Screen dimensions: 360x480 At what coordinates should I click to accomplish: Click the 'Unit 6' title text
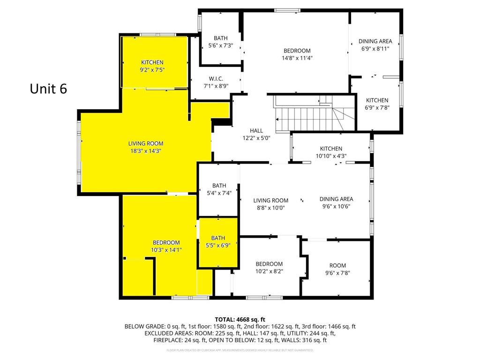pos(48,89)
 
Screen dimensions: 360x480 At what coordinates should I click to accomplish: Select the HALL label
pos(256,131)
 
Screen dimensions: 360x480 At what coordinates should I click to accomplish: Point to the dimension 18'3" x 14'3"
pos(146,151)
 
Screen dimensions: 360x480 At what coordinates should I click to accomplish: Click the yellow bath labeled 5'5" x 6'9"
pos(218,241)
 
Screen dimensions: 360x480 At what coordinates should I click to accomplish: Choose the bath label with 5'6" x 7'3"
pos(220,38)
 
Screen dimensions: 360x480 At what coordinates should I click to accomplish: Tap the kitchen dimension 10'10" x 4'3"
pos(331,156)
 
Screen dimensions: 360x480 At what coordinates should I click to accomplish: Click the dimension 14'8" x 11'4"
pos(297,58)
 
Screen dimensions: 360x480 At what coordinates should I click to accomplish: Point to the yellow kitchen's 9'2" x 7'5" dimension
pos(152,70)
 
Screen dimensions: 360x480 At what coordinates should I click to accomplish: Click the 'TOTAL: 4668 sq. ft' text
pos(240,319)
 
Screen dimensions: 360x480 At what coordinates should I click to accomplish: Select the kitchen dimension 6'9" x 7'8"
pos(377,107)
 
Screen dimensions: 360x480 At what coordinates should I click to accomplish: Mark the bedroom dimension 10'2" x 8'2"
pos(269,271)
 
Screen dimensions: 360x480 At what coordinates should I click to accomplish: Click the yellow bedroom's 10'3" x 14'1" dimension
pos(166,250)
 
